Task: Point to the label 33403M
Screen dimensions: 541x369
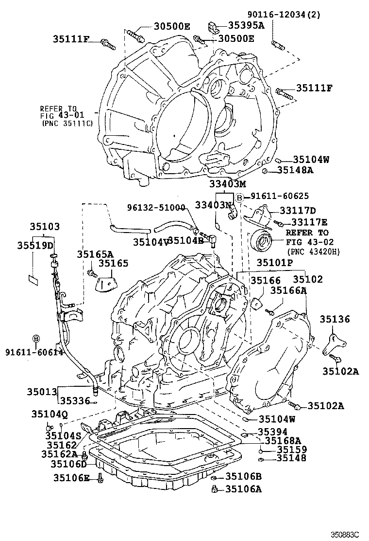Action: coord(228,184)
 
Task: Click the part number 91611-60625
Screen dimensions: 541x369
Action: coord(280,196)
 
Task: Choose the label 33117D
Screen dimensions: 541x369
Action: coord(297,210)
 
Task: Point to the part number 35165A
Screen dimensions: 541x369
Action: coord(95,253)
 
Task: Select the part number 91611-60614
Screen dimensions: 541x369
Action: coord(34,352)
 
